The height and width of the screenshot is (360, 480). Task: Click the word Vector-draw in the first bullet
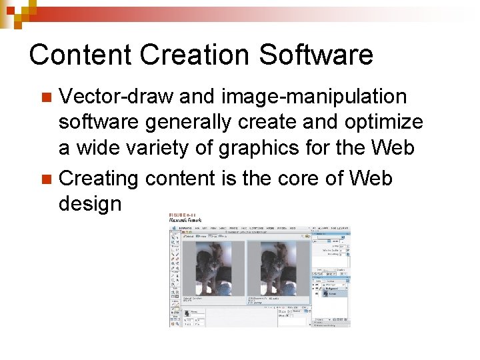116,97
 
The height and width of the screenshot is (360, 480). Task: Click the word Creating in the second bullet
98,178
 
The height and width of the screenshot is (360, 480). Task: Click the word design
90,204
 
